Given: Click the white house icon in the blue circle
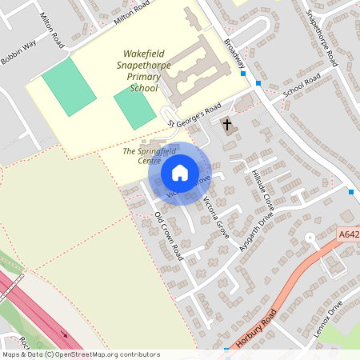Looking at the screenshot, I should [x=179, y=172].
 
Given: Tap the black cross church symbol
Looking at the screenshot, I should [x=227, y=125].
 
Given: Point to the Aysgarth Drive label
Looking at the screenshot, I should [x=256, y=233].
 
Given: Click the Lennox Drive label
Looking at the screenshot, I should [x=329, y=318].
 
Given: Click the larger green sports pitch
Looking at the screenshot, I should [x=68, y=87].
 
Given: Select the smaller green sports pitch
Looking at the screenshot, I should [x=134, y=107].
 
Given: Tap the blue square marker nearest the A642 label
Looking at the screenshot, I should [x=351, y=192].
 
